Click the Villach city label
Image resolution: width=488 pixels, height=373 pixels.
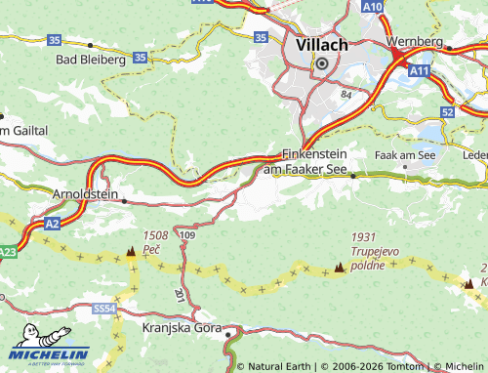click(x=319, y=44)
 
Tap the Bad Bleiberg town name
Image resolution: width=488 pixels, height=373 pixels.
click(x=91, y=59)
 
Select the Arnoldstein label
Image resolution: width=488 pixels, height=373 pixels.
click(x=85, y=194)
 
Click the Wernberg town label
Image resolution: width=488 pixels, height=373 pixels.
click(x=415, y=43)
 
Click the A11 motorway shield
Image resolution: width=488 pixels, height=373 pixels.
click(x=420, y=71)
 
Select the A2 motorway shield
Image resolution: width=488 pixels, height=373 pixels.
click(x=53, y=225)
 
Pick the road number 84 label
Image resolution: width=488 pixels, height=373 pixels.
click(x=346, y=95)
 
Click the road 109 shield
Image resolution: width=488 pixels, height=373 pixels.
click(x=188, y=235)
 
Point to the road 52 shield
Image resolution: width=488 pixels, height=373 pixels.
click(x=447, y=112)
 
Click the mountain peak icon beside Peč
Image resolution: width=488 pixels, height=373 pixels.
click(x=131, y=252)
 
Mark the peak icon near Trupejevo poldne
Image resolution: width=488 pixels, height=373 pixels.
click(x=340, y=267)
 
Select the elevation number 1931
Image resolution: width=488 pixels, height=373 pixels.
click(x=363, y=237)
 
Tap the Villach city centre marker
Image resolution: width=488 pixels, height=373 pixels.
click(x=319, y=63)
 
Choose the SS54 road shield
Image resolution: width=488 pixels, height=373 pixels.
click(x=104, y=309)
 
